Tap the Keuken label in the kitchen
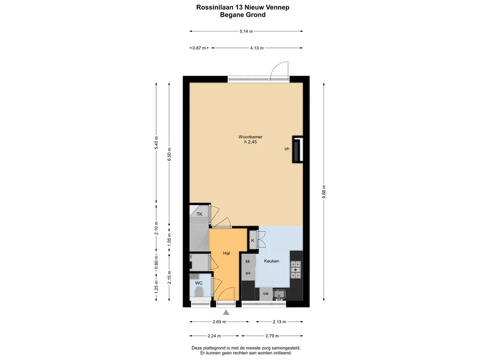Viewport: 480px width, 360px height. pyautogui.click(x=271, y=261)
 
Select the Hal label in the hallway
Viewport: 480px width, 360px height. pyautogui.click(x=226, y=253)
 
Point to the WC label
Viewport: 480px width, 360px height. pyautogui.click(x=199, y=283)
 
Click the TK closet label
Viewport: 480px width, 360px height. pyautogui.click(x=199, y=214)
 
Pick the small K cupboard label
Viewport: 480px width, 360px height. pyautogui.click(x=253, y=240)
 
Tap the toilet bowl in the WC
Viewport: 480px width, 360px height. pyautogui.click(x=199, y=293)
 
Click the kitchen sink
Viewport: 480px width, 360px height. pyautogui.click(x=280, y=294)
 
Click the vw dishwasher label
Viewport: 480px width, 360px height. pyautogui.click(x=265, y=293)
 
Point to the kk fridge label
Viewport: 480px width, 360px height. pyautogui.click(x=248, y=261)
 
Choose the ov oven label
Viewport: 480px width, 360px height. pyautogui.click(x=248, y=273)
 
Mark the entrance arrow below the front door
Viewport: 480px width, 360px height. pyautogui.click(x=226, y=313)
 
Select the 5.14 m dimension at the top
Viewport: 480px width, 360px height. pyautogui.click(x=246, y=32)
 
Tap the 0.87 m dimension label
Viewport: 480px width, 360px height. pyautogui.click(x=199, y=48)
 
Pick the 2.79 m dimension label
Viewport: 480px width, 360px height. pyautogui.click(x=271, y=336)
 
